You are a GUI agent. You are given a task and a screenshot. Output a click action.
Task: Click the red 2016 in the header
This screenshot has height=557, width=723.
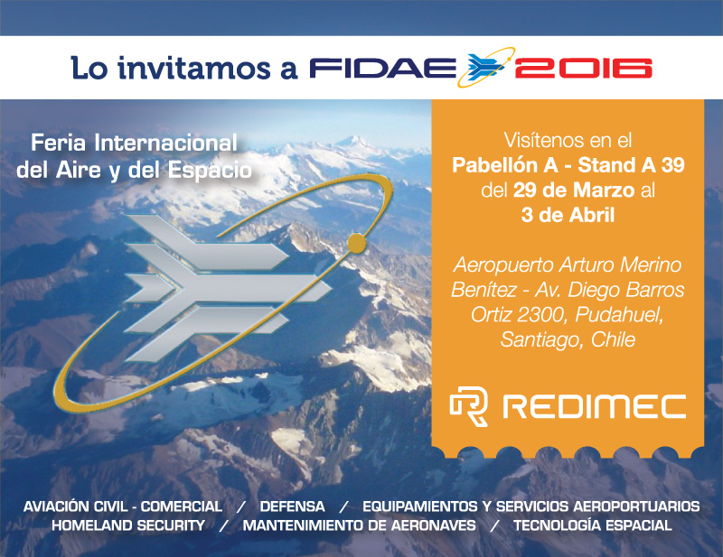click(583, 69)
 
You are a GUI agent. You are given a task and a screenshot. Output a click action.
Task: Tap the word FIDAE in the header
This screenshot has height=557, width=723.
click(382, 69)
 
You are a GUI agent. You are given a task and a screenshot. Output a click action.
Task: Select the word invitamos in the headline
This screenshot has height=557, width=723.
click(193, 68)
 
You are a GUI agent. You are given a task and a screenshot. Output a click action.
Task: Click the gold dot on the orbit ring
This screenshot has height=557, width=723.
click(356, 243)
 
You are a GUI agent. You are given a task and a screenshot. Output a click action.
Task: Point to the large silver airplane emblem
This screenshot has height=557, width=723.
click(229, 288)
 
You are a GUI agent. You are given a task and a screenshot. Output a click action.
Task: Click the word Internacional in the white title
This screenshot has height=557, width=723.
click(166, 143)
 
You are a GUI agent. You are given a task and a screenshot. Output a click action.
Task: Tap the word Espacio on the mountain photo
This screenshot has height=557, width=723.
click(210, 170)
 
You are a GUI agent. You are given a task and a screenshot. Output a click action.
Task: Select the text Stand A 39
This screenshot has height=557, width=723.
click(631, 165)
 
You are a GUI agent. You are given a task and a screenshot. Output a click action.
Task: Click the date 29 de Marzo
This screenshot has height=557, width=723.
click(574, 190)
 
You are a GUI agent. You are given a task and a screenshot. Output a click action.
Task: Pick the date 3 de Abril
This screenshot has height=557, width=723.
click(568, 215)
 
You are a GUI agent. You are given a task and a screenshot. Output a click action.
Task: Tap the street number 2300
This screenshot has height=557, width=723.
click(541, 315)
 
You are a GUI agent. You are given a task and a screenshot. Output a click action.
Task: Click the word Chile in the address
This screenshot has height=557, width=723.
click(613, 339)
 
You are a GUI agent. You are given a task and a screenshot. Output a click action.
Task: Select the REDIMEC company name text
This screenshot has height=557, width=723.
click(595, 407)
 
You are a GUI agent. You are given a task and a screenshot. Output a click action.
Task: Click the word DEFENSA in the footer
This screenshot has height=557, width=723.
click(292, 506)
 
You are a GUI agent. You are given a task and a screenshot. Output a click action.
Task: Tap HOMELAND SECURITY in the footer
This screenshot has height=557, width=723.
click(128, 525)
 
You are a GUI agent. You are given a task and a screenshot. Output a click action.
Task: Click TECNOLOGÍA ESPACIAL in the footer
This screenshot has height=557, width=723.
click(593, 525)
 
